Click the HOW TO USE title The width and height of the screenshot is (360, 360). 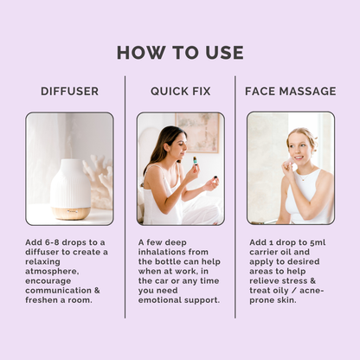(x=180, y=53)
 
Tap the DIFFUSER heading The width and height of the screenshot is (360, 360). (x=70, y=91)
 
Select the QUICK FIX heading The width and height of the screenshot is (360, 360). (x=181, y=92)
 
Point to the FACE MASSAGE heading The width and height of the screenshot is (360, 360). (x=291, y=91)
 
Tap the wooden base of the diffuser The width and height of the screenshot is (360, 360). (x=71, y=213)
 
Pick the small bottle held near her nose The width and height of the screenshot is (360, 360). (x=196, y=160)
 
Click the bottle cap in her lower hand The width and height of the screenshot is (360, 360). (x=215, y=177)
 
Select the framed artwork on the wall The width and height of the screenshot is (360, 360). (x=197, y=132)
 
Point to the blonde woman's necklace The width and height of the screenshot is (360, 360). (x=304, y=177)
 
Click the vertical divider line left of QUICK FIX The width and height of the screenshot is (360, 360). (x=125, y=197)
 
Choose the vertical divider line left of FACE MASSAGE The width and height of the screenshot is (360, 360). (x=235, y=197)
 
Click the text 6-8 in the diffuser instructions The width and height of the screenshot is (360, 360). (x=52, y=242)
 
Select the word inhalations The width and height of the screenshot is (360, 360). (x=162, y=252)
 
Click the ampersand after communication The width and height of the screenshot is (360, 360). (x=97, y=290)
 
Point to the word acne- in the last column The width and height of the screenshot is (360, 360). (x=312, y=291)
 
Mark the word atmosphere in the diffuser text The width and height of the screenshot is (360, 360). (x=52, y=272)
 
